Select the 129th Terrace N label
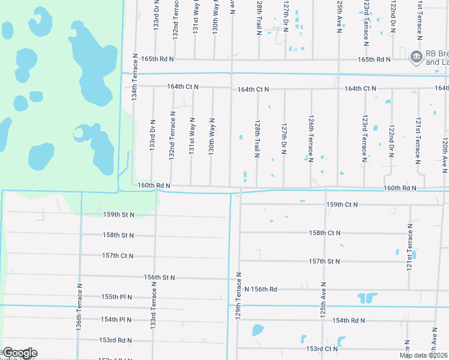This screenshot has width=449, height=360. (239, 295)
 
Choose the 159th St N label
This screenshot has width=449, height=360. (118, 214)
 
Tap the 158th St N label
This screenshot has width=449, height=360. (118, 235)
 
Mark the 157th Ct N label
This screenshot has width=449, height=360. (118, 256)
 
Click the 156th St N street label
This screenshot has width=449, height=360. (159, 277)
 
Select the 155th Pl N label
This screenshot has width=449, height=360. (116, 297)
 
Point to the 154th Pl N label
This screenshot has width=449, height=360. (116, 320)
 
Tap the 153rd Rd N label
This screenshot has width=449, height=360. (116, 340)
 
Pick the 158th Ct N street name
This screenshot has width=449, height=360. (325, 233)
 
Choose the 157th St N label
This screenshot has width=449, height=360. (325, 261)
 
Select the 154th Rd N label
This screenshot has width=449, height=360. (349, 320)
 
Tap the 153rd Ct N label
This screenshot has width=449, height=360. (322, 349)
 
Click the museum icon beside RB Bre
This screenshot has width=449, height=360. (415, 57)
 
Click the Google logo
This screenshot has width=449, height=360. (19, 353)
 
